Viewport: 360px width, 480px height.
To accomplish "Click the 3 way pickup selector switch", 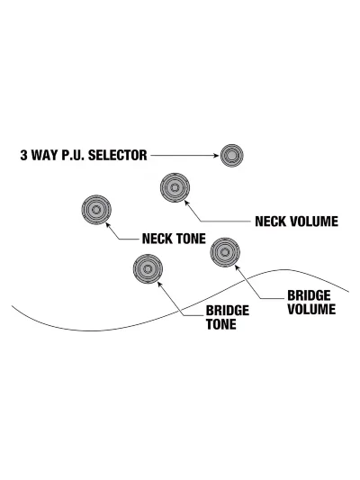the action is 232,156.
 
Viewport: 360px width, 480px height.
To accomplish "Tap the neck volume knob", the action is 175,187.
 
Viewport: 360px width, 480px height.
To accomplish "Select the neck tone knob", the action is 96,210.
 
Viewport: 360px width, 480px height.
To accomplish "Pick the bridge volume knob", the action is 225,252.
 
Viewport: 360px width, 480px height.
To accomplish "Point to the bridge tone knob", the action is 148,268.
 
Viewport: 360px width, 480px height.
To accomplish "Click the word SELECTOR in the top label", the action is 118,155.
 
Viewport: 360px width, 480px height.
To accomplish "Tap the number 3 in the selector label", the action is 24,155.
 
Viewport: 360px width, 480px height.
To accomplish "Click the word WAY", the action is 45,155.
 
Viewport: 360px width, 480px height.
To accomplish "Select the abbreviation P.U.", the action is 74,155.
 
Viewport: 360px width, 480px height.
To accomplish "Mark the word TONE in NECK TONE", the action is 191,239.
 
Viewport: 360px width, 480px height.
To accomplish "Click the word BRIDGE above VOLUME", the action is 309,295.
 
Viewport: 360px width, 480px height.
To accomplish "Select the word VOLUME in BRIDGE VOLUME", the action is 311,309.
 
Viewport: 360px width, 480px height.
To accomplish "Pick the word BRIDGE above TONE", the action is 228,311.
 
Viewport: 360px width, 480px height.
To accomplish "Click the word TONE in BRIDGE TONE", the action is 221,324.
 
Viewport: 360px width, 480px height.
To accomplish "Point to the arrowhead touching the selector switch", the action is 216,156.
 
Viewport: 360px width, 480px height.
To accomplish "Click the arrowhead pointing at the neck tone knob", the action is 107,224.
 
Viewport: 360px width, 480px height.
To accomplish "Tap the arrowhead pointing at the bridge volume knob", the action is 237,267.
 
